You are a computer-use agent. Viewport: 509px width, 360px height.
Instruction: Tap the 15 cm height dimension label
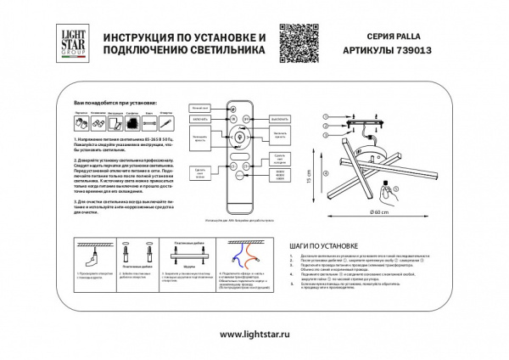point(310,180)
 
